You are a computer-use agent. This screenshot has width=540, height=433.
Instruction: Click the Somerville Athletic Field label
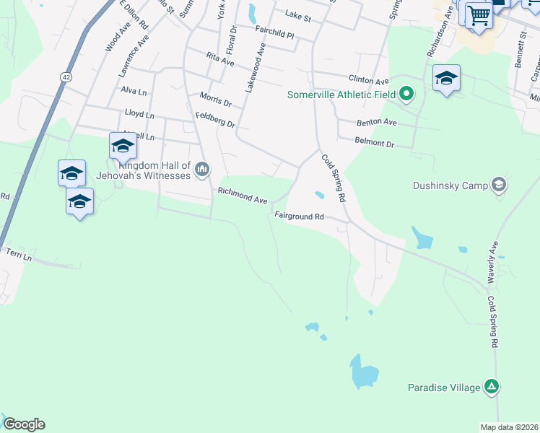pos(343,95)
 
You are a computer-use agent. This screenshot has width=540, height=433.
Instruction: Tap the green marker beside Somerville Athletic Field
pos(406,93)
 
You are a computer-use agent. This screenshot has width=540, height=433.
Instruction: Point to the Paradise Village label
pos(443,388)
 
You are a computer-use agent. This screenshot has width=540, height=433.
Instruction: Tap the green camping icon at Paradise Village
pos(492,388)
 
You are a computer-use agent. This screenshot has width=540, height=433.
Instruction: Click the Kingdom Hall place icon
pos(201,170)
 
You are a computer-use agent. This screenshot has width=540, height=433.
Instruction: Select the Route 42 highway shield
pos(66,76)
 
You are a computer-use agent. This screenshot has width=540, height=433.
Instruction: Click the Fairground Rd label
pos(298,216)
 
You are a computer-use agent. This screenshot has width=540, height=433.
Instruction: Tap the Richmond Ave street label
pos(243,196)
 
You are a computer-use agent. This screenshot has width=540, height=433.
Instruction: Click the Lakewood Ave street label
pos(251,67)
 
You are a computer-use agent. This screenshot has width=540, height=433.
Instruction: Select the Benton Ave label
pos(376,123)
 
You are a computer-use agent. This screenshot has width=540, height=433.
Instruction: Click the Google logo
pos(24,424)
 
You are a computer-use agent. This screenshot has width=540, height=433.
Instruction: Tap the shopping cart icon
pos(478,14)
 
